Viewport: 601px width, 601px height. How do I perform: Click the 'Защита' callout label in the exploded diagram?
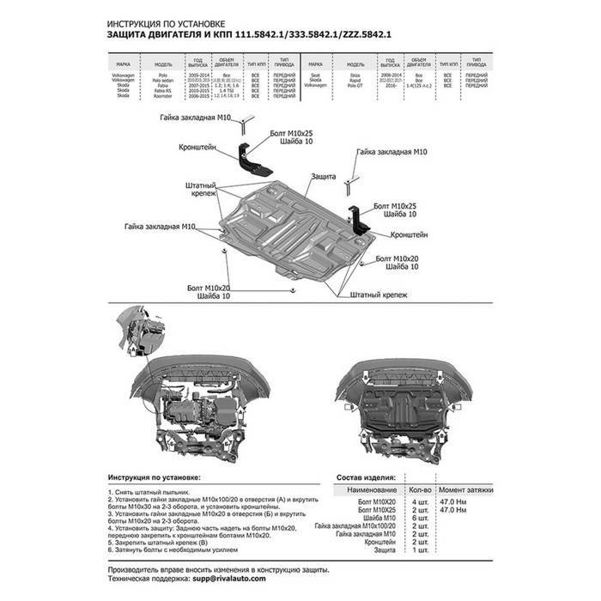[x=324, y=175]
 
